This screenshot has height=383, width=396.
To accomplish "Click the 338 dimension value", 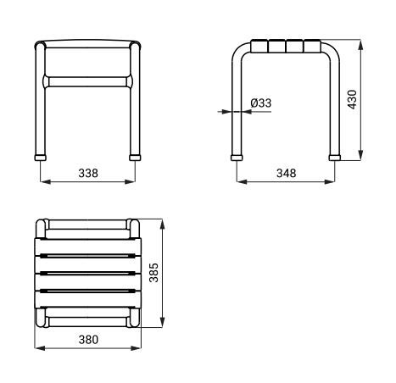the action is [88, 173].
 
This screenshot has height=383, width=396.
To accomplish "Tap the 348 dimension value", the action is [287, 173].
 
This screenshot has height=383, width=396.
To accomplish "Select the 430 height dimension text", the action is [353, 99].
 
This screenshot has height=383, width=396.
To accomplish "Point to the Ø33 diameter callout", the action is [261, 103].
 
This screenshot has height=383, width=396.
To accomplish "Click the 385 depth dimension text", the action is [154, 273].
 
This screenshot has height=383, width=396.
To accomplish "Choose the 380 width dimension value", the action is [88, 340].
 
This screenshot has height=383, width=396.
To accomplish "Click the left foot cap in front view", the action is [41, 158].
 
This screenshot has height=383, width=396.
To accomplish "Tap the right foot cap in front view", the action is [135, 158].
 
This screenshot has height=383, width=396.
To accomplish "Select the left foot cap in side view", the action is [237, 158].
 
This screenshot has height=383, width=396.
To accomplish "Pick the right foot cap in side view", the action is [335, 158].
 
